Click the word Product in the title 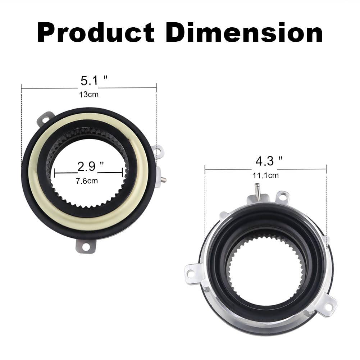[96, 33]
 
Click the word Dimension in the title [244, 33]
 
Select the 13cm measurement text [89, 95]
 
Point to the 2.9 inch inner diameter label [91, 167]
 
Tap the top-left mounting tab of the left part [46, 118]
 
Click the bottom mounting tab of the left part [86, 247]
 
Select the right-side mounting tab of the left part [158, 151]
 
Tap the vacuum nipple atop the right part [257, 188]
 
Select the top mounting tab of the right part [282, 196]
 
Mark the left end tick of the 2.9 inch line [54, 173]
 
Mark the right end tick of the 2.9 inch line [128, 173]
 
